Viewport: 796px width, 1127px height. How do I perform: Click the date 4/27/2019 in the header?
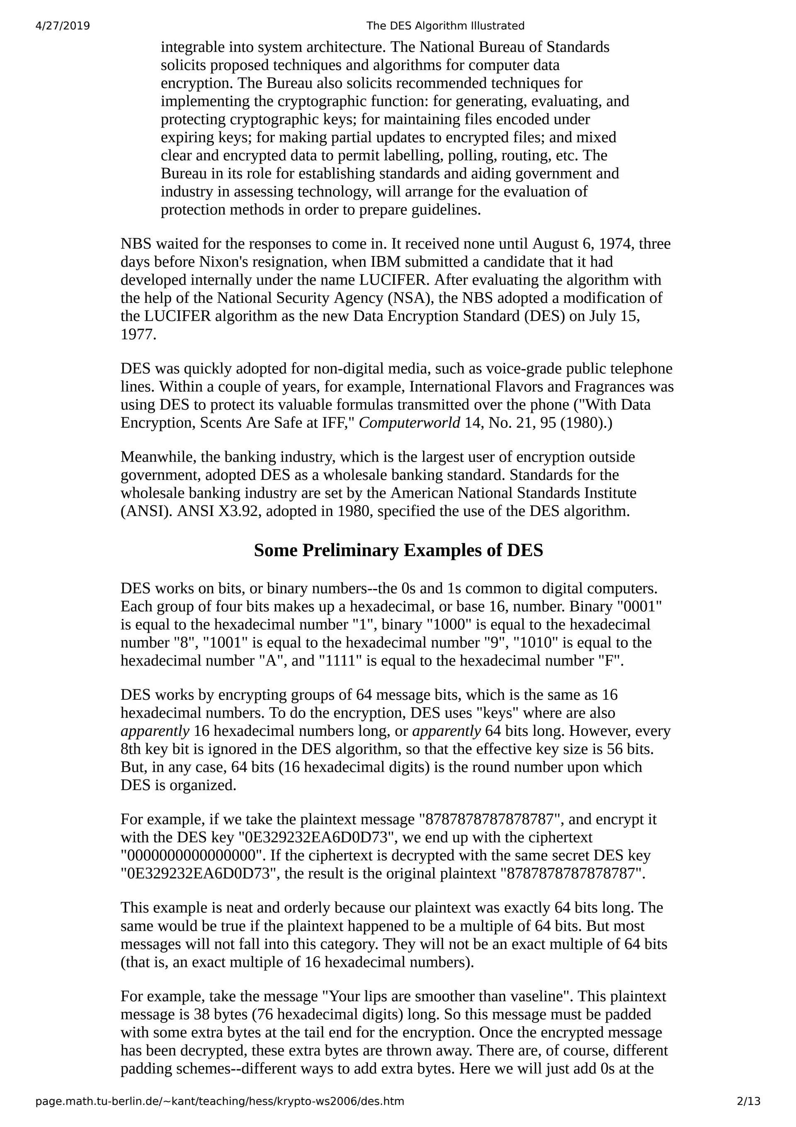coord(63,26)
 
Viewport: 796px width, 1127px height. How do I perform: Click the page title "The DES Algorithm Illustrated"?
coord(445,26)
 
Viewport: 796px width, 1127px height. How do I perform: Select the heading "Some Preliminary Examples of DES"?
coord(398,550)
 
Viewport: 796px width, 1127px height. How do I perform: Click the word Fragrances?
coord(609,387)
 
